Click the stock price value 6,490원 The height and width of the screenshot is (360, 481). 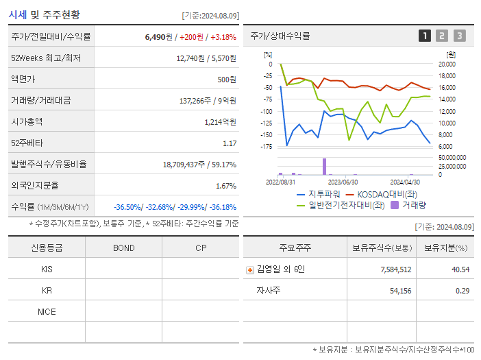pos(159,37)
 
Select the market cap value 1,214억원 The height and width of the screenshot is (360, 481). pos(220,122)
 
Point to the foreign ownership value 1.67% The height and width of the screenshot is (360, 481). pos(225,186)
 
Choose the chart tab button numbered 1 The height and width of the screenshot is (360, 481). pos(425,36)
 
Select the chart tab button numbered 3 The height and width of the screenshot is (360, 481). pos(459,36)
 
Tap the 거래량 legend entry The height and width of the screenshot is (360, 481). pos(414,204)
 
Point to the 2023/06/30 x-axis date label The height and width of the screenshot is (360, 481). pos(343,182)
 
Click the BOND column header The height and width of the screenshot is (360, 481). pos(123,248)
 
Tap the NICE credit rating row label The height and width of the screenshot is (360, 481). pos(47,312)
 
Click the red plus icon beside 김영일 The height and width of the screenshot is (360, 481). pos(250,269)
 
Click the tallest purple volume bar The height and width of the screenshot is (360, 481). pos(324,167)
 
